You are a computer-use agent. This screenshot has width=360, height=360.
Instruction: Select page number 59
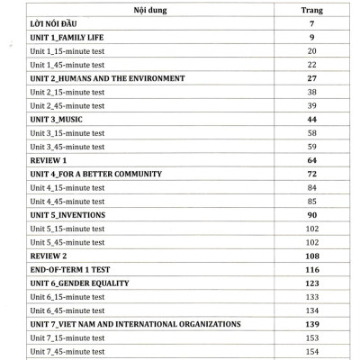[310, 146]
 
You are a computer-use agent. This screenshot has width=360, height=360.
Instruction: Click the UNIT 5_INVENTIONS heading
[67, 216]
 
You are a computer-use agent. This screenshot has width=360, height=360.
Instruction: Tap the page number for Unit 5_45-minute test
[310, 243]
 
